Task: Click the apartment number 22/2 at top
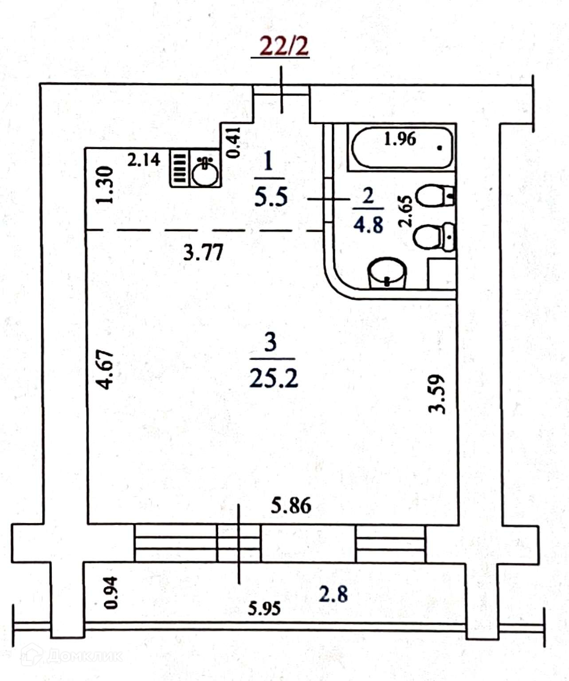(x=283, y=46)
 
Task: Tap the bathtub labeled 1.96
(x=402, y=147)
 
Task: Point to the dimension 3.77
(x=204, y=253)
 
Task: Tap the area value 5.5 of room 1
(x=271, y=197)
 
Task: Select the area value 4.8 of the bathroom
(x=368, y=226)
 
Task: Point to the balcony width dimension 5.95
(x=264, y=608)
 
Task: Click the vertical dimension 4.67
(x=106, y=369)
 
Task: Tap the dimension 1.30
(x=105, y=185)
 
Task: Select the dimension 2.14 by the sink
(x=144, y=160)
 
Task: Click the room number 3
(x=271, y=342)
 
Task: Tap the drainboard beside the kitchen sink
(x=179, y=168)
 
